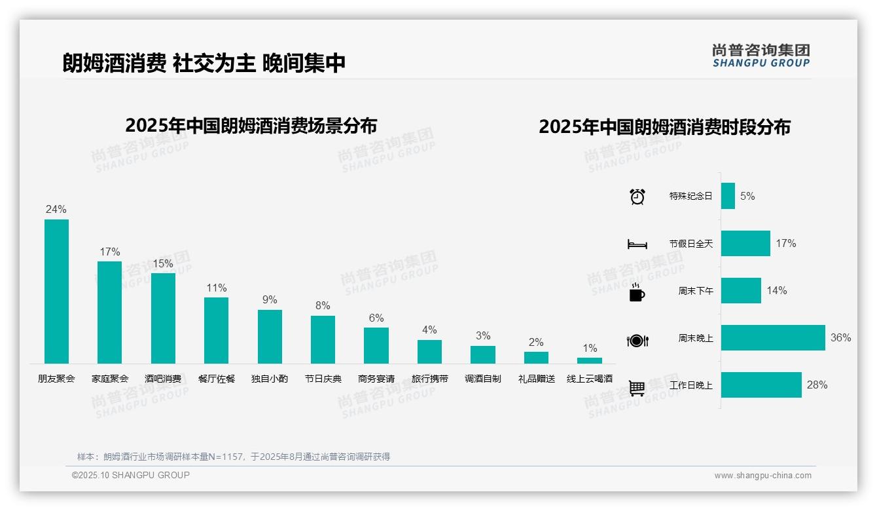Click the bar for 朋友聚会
click(56, 292)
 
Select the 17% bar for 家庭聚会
click(109, 312)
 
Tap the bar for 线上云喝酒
click(589, 360)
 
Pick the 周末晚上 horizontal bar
click(773, 338)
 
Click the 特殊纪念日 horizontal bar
click(728, 196)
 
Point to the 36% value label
click(840, 338)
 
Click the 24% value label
click(56, 210)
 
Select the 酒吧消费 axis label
click(163, 379)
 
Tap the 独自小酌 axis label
click(270, 379)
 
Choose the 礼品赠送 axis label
click(536, 379)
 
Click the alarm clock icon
click(637, 197)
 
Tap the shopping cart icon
click(637, 388)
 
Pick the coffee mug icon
click(637, 292)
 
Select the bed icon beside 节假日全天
click(637, 244)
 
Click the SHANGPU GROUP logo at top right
click(761, 55)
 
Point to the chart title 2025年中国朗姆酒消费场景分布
click(251, 125)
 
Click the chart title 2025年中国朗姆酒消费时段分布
click(664, 126)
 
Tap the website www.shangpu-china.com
click(762, 476)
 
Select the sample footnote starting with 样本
click(234, 457)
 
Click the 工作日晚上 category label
click(690, 385)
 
